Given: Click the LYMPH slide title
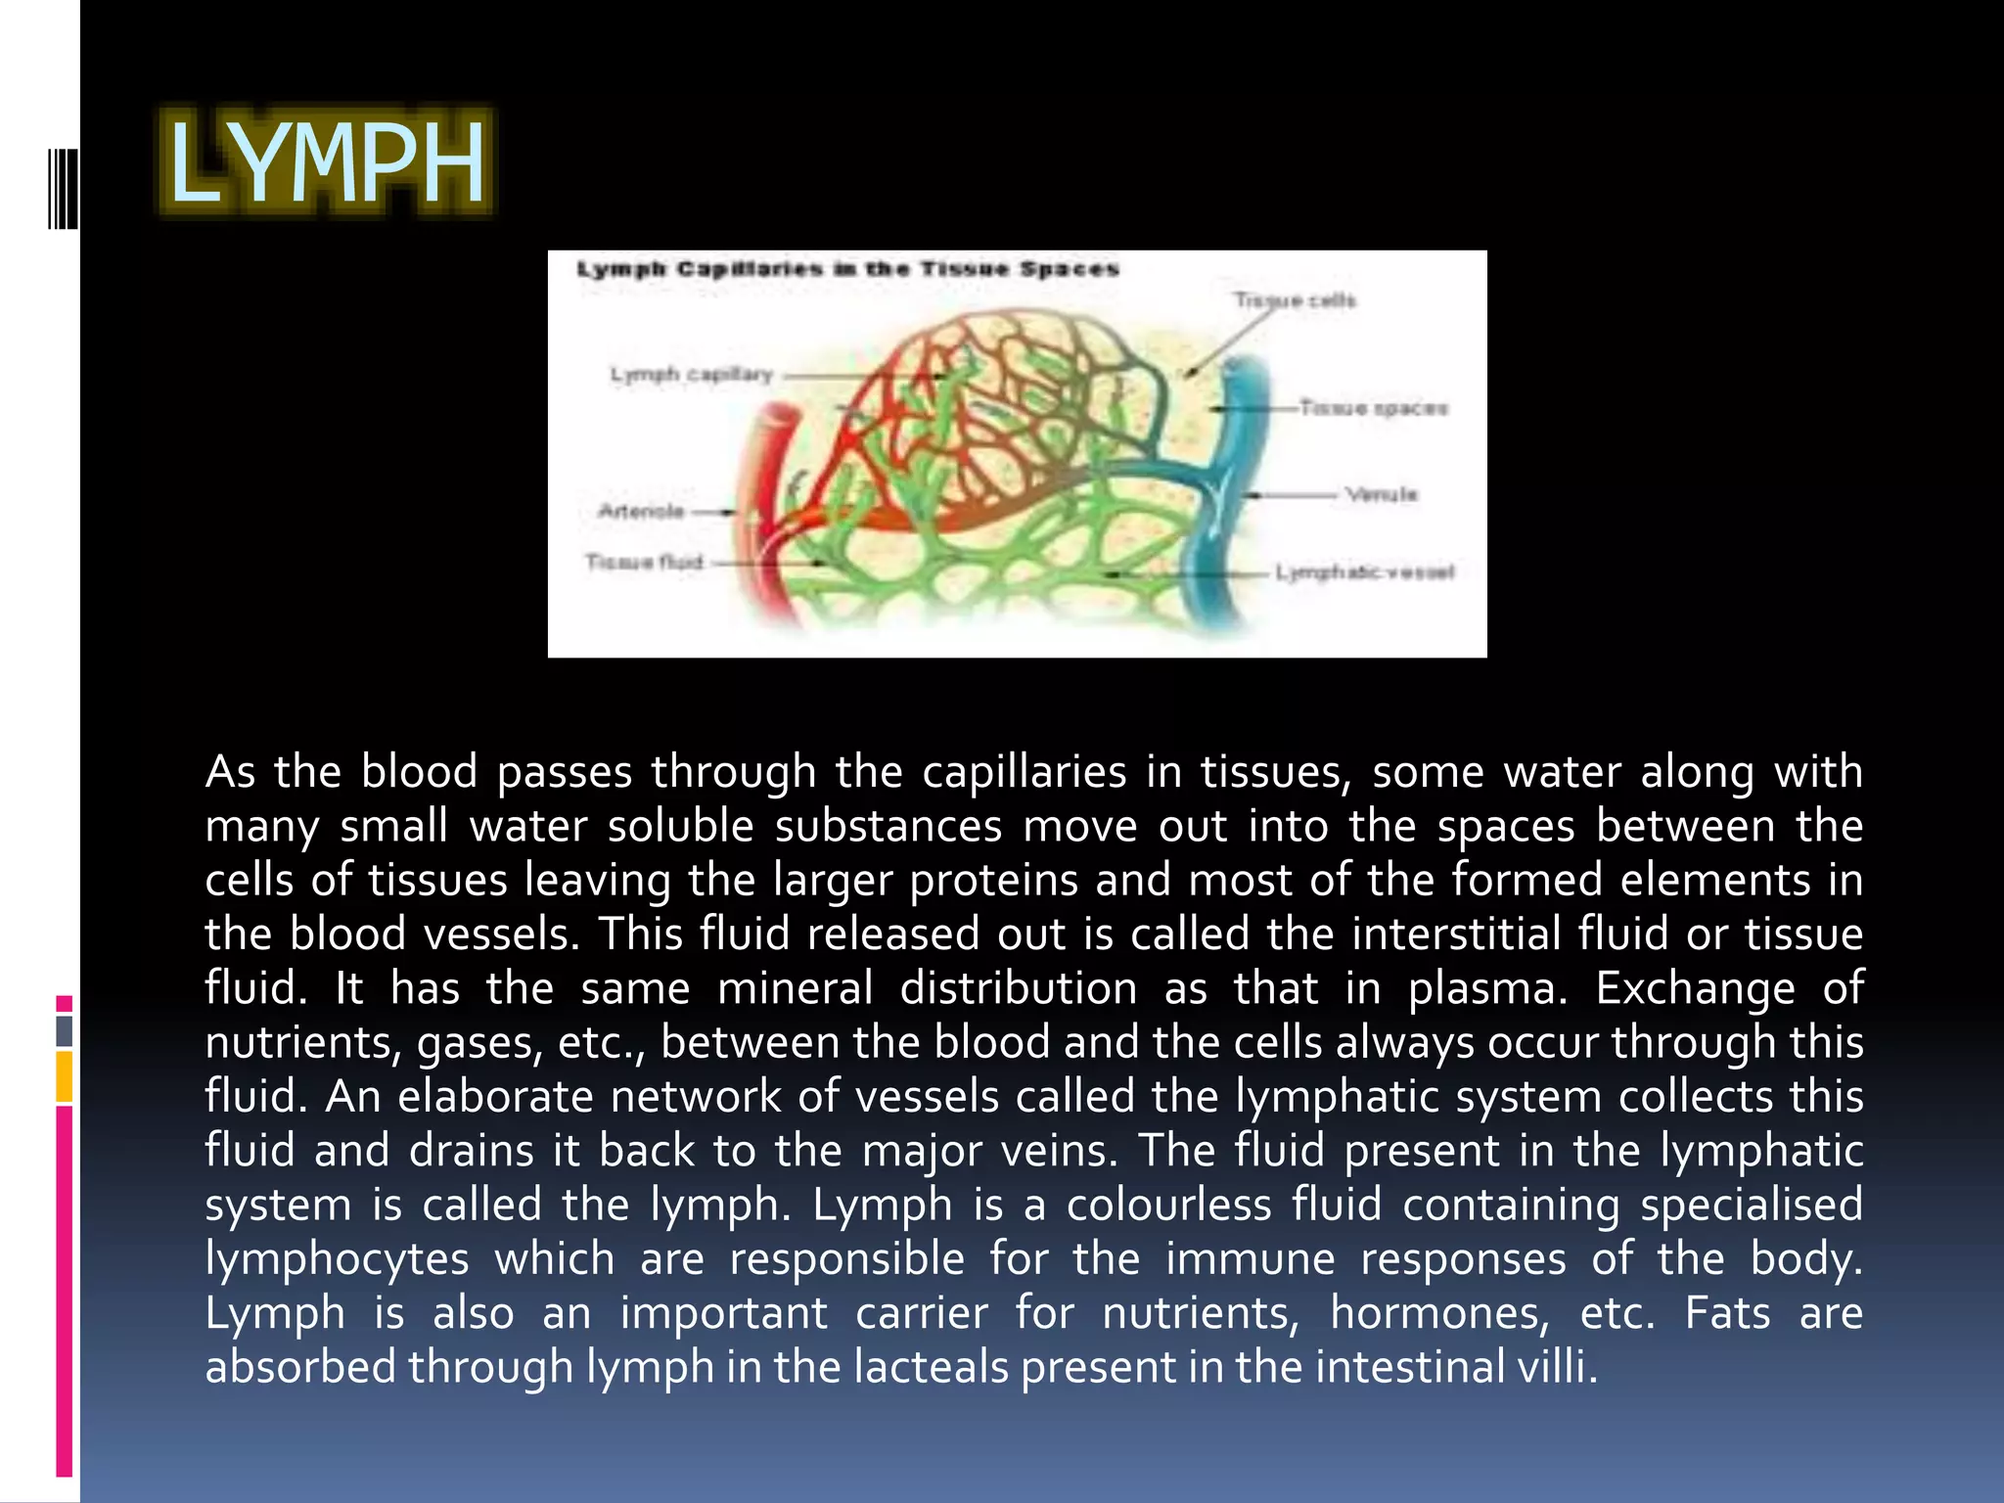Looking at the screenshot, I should [x=327, y=162].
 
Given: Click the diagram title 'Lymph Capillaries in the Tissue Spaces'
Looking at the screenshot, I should [x=847, y=269].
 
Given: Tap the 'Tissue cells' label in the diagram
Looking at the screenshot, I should [x=1294, y=300].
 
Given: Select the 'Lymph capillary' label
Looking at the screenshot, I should [x=691, y=375].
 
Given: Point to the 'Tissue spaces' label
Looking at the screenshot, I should [x=1373, y=408].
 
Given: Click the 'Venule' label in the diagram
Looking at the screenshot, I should [x=1381, y=494].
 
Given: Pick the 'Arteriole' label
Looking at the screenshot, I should [x=641, y=511].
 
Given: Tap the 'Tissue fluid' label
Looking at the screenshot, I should [x=644, y=562].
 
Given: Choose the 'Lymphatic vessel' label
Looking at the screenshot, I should [x=1365, y=572].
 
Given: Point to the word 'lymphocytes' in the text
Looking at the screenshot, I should [x=337, y=1259].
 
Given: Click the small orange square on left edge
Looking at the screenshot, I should [x=65, y=1076].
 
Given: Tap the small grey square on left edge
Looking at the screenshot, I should [x=65, y=1030].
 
